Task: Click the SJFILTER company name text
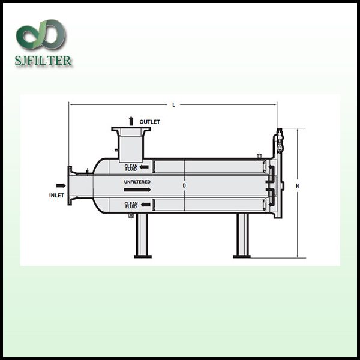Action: pos(43,61)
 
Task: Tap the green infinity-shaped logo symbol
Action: pos(41,34)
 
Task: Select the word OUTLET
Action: pos(149,122)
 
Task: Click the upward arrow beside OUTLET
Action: pos(131,121)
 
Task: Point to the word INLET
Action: pos(56,196)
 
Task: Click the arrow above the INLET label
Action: pos(61,185)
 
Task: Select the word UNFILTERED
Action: pos(137,182)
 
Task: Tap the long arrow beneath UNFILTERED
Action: pos(137,190)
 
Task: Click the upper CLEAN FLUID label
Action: pos(131,167)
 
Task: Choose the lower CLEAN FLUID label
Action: pos(131,205)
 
